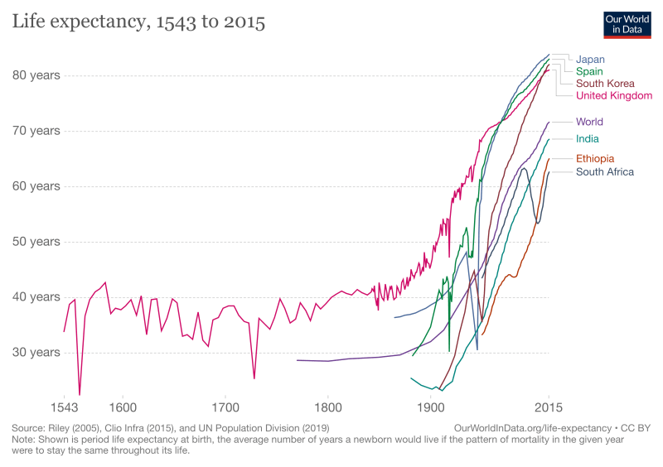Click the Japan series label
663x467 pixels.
[x=591, y=60]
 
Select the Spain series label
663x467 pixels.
[x=591, y=72]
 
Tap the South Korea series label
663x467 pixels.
[x=605, y=84]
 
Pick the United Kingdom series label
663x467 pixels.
[x=614, y=96]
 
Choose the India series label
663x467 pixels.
[x=588, y=139]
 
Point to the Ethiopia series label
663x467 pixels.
[x=595, y=159]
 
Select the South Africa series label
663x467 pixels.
[x=605, y=172]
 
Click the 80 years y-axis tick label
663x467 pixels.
[x=36, y=75]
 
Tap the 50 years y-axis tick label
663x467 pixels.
[x=36, y=242]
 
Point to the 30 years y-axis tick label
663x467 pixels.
[x=36, y=353]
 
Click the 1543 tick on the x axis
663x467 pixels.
[x=64, y=408]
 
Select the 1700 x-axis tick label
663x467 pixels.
[x=225, y=408]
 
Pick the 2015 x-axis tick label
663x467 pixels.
[x=548, y=408]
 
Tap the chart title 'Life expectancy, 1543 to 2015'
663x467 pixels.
[x=138, y=22]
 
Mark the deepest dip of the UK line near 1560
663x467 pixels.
[x=80, y=395]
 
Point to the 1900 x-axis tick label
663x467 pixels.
[x=430, y=408]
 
